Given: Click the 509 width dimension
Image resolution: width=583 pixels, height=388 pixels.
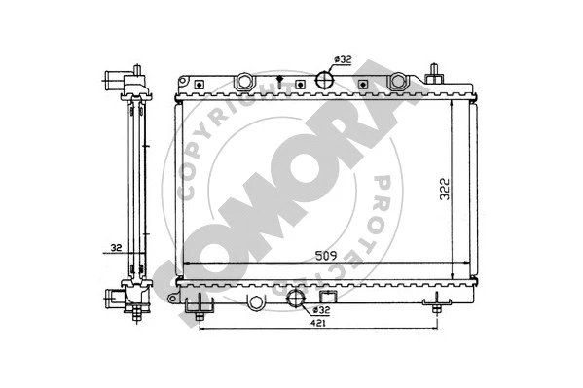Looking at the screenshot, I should pos(327,256).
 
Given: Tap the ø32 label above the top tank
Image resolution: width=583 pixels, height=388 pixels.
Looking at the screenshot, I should pos(342,59).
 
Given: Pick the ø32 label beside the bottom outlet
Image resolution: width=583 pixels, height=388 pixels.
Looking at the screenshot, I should pos(321,310).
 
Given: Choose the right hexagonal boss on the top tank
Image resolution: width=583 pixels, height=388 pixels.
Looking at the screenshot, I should pos(399,84).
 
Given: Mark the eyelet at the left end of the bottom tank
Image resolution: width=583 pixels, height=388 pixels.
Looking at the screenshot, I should pos(256,301).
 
